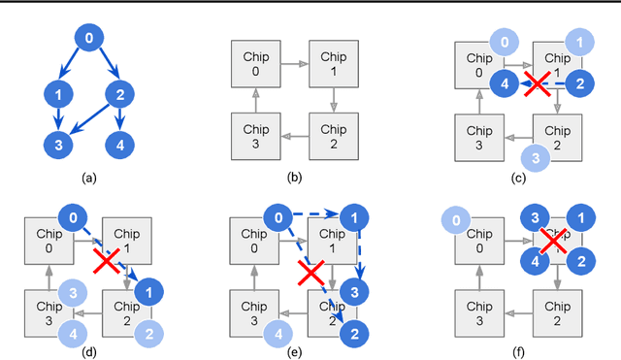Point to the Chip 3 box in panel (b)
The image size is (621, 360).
[251, 137]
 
